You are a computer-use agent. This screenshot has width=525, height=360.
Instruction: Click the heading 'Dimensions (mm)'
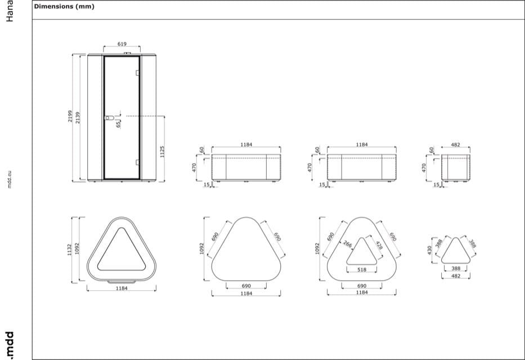pos(64,7)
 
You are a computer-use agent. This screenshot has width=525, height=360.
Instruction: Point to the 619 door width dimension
pos(122,44)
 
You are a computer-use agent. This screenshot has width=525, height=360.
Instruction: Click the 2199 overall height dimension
pos(70,116)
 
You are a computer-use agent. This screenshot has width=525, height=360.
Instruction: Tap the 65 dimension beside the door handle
pos(118,123)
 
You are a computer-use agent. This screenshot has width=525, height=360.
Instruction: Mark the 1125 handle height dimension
pos(161,151)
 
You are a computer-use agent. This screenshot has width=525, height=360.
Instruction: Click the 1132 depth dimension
pos(70,247)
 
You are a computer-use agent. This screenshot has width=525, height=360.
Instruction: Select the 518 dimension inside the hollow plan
pos(362,270)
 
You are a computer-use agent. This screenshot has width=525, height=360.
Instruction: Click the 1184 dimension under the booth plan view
pos(122,288)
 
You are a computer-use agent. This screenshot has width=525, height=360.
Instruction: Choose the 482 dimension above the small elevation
pos(456,145)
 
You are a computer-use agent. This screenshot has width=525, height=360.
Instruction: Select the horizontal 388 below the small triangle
pos(456,269)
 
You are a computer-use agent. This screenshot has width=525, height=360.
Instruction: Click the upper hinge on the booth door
pos(137,73)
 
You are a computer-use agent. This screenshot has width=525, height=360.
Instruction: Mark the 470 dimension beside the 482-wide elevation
pos(425,167)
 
